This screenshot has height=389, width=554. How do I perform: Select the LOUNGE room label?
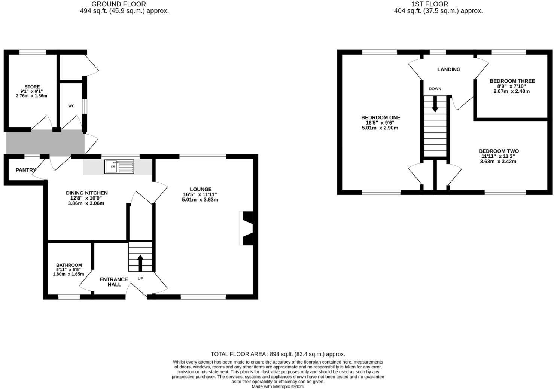[x=200, y=189]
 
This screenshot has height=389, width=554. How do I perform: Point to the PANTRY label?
[x=25, y=170]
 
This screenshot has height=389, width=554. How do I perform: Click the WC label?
[x=71, y=106]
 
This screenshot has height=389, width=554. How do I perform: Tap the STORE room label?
[x=32, y=87]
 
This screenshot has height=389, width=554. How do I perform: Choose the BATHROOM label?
[x=69, y=265]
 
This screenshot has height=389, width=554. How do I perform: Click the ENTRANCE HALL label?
[x=114, y=282]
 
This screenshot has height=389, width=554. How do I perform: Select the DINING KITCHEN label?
[x=86, y=193]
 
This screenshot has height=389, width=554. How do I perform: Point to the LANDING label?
[x=449, y=70]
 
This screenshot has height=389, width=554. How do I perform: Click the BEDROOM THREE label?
[x=512, y=81]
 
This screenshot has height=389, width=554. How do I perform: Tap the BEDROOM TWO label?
[x=498, y=151]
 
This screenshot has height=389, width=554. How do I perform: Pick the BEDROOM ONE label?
[x=380, y=117]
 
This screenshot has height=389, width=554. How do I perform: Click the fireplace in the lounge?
[x=247, y=228]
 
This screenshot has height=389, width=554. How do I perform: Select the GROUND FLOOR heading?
[x=119, y=4]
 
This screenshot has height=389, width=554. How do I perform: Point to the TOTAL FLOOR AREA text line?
[x=278, y=354]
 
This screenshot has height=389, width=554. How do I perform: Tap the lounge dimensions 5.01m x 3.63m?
[x=200, y=200]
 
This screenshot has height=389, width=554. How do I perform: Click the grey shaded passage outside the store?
[x=45, y=143]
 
